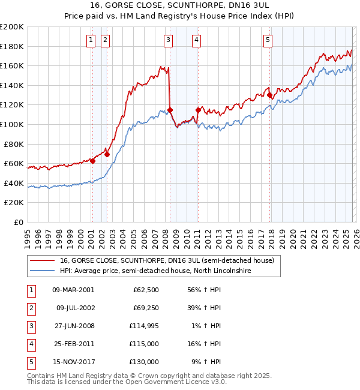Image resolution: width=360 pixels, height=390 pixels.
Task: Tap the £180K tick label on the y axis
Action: click(x=12, y=46)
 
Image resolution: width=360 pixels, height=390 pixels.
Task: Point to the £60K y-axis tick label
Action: click(x=14, y=163)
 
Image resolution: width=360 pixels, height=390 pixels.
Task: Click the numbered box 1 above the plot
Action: click(x=91, y=40)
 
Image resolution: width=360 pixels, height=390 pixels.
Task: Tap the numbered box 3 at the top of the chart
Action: click(x=168, y=40)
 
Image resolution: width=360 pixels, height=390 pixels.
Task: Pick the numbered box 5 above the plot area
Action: click(x=268, y=40)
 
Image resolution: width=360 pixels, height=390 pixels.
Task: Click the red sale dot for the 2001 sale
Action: click(x=92, y=161)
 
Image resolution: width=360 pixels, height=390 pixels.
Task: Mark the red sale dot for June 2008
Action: click(x=170, y=110)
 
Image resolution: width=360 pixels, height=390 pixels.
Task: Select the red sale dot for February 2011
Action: click(x=198, y=110)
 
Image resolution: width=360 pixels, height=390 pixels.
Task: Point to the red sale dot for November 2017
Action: click(x=269, y=95)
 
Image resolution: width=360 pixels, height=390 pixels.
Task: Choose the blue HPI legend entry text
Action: click(x=155, y=271)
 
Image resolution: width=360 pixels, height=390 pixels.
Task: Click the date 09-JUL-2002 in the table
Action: click(x=75, y=308)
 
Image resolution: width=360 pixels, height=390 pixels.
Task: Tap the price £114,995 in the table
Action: click(x=144, y=326)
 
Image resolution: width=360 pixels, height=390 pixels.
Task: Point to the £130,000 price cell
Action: click(x=144, y=362)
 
